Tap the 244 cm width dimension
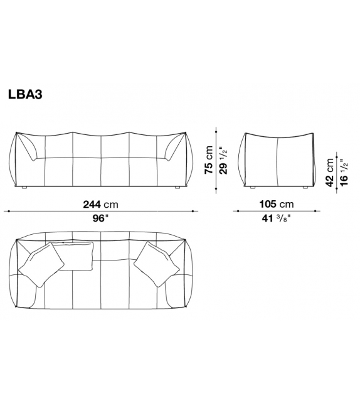pos(100,205)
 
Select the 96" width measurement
pos(100,219)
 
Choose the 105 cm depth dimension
pos(277,205)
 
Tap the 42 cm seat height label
pos(330,169)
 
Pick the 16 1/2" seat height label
pos(343,169)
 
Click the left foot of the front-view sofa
pos(23,188)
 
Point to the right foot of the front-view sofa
pos(176,188)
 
